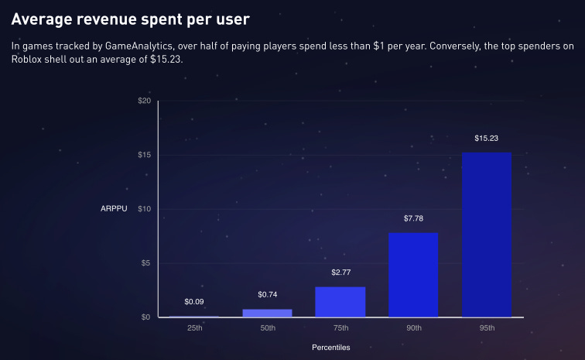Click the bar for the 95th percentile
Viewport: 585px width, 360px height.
click(x=487, y=235)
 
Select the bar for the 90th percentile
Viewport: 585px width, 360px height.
click(x=413, y=275)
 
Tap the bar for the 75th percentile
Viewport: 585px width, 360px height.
click(x=340, y=302)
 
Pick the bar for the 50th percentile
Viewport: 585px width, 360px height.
click(x=267, y=313)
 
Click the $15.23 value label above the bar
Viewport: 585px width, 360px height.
click(x=487, y=138)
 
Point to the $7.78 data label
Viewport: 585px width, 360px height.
click(x=413, y=218)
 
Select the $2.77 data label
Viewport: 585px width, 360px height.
click(x=340, y=273)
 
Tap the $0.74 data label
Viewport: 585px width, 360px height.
click(x=267, y=294)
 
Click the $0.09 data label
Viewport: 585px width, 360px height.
click(x=194, y=301)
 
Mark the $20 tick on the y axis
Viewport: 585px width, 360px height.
click(x=144, y=101)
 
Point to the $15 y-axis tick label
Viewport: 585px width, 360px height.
click(x=144, y=155)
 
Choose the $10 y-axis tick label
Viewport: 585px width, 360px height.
click(x=144, y=209)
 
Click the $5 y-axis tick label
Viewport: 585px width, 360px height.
click(x=145, y=263)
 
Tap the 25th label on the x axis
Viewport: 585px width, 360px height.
click(x=194, y=328)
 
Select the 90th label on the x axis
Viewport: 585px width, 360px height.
click(x=413, y=328)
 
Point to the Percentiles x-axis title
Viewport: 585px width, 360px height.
click(x=330, y=348)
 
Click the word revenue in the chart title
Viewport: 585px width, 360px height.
click(x=105, y=17)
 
